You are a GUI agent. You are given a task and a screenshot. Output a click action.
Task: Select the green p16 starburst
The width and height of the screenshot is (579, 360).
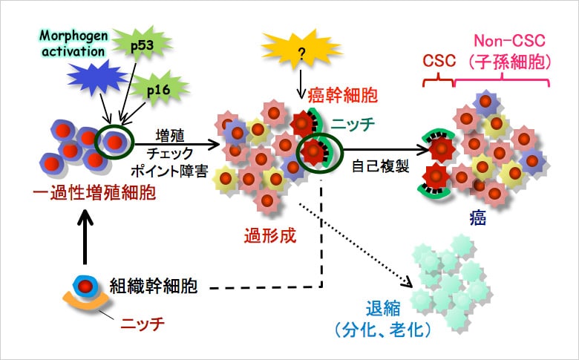click(x=155, y=90)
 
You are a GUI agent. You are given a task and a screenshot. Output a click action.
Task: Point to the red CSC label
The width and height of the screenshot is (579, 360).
click(x=439, y=62)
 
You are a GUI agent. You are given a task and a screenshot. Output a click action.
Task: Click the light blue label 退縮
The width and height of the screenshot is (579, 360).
click(x=384, y=307)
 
